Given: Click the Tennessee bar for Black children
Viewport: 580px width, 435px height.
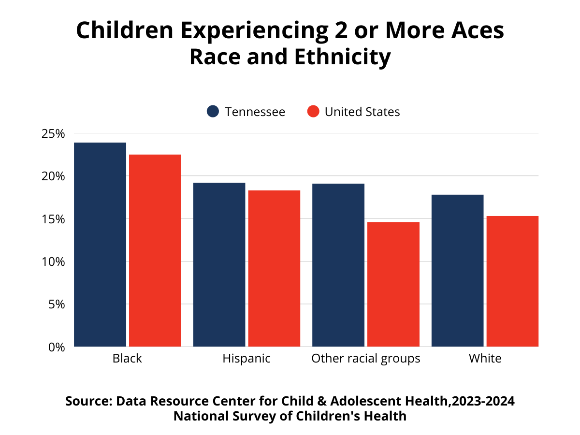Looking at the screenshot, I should [x=100, y=245].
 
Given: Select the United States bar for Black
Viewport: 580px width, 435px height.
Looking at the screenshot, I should [x=155, y=250].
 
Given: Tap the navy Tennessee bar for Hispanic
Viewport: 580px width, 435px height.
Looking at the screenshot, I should [x=219, y=264].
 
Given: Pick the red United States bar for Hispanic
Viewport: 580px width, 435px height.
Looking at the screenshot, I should [x=274, y=268].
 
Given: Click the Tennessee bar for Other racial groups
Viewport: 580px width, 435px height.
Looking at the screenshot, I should [x=338, y=265].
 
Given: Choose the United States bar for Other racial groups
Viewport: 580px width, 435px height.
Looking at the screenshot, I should [x=393, y=284].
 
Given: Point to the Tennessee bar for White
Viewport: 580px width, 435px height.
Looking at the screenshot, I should [x=457, y=271].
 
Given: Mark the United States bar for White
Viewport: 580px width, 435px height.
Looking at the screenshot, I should [x=512, y=281].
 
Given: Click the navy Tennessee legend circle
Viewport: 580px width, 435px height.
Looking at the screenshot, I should [x=213, y=112].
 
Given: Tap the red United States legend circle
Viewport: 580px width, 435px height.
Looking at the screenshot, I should [x=313, y=112].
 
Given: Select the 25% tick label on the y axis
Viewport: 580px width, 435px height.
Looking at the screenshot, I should [x=54, y=133].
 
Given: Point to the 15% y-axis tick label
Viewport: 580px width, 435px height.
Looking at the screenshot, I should [x=54, y=219].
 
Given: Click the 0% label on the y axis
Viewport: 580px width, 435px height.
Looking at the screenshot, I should [x=57, y=347].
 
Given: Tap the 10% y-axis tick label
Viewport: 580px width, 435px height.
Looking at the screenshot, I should [x=54, y=261].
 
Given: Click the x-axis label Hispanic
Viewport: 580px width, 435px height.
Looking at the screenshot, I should [x=246, y=359].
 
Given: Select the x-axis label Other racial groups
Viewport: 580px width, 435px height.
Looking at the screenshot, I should [x=366, y=359].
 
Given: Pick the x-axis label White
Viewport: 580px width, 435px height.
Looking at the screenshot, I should [x=485, y=359].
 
